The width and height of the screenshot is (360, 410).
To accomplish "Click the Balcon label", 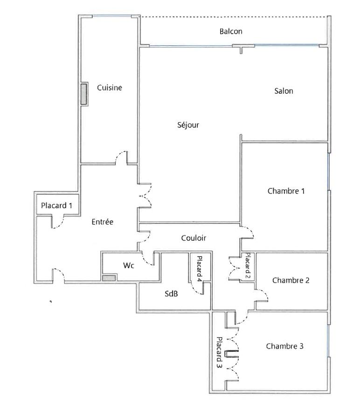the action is [x=231, y=31].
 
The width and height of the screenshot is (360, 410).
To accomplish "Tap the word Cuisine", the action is [x=109, y=87].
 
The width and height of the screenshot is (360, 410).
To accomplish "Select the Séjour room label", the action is [x=188, y=125].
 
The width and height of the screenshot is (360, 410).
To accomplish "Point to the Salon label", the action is [x=284, y=91].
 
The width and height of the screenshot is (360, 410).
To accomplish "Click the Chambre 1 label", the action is [x=286, y=191].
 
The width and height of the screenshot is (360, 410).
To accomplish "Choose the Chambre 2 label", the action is [x=291, y=280].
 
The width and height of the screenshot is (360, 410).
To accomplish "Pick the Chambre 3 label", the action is [x=285, y=346].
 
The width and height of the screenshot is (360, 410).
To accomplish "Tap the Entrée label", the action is [x=103, y=222].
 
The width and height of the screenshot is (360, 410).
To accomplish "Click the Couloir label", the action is [x=194, y=238].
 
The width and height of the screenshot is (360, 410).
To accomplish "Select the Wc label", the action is [x=129, y=265].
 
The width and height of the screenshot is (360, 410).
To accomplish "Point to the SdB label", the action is [x=171, y=294].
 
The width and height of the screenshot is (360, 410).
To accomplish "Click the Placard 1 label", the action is [x=56, y=206].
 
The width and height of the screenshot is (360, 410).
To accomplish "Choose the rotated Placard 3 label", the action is [x=219, y=352].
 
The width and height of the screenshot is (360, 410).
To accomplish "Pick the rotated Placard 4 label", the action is [x=200, y=269].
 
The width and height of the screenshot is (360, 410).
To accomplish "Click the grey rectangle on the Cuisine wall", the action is [x=83, y=94].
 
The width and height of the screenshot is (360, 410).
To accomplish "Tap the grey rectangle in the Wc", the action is [x=109, y=278].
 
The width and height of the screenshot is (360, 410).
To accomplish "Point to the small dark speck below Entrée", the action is [x=51, y=301].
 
